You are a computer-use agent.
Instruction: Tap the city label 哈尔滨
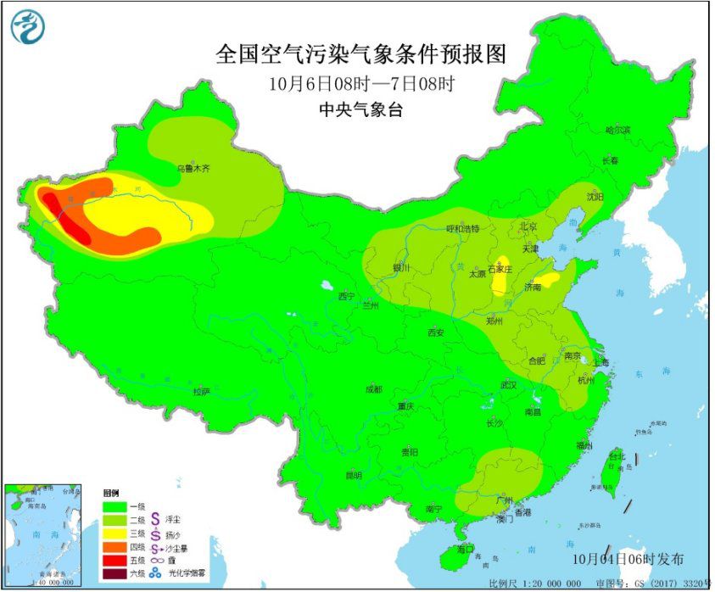[x=618, y=130]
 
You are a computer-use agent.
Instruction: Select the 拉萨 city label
[x=200, y=391]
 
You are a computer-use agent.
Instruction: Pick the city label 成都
[x=374, y=389]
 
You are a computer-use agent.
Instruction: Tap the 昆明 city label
[x=353, y=476]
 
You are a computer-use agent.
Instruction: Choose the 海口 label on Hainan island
[x=465, y=550]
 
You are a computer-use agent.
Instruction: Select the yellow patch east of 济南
[x=549, y=277]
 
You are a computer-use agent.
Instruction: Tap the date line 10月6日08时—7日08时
[x=359, y=84]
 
